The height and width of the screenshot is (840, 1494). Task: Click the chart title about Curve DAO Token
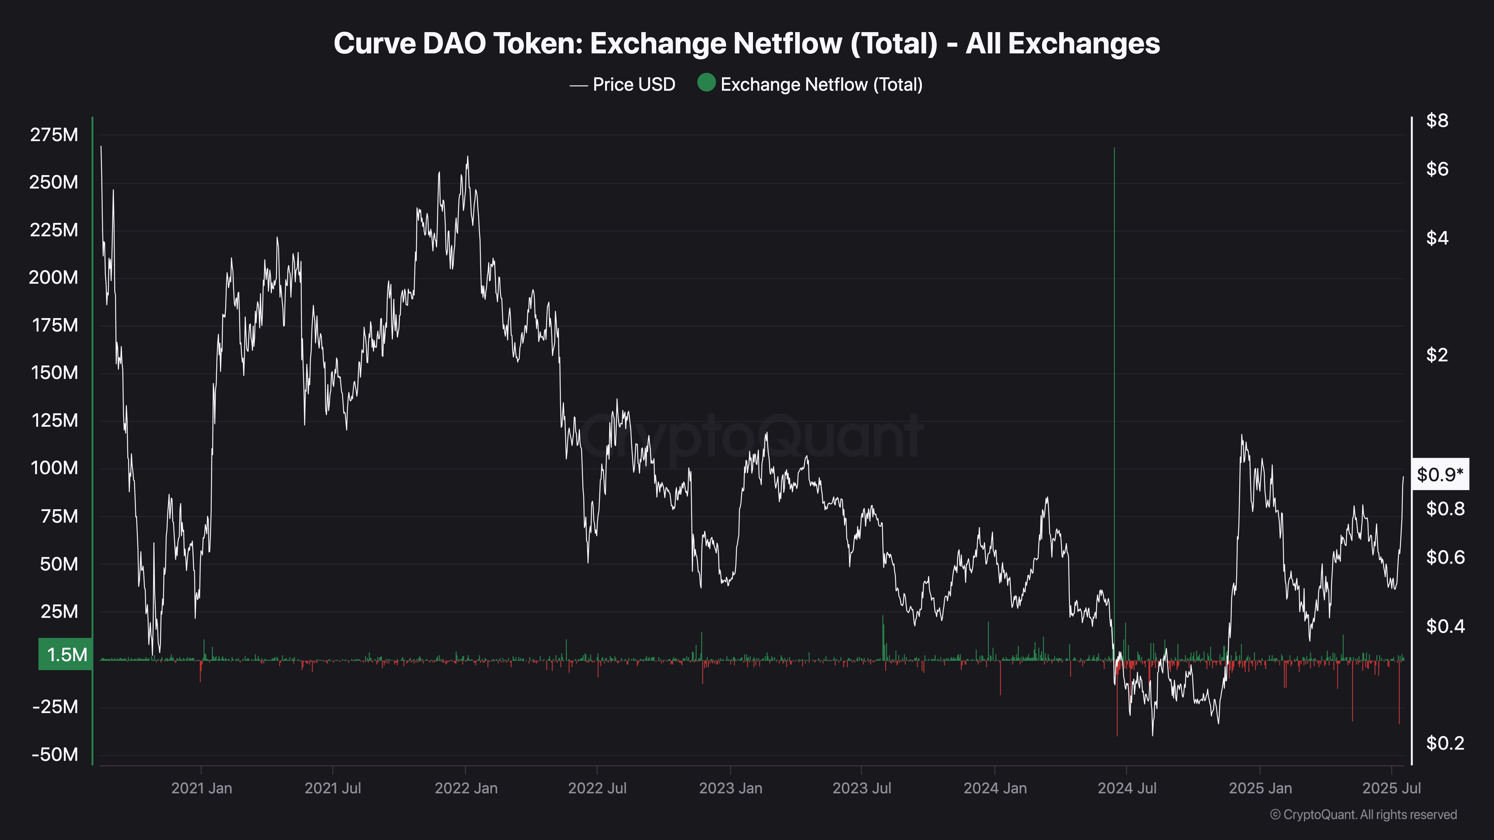pos(746,43)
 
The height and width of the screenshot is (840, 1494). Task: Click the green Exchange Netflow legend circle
pos(706,83)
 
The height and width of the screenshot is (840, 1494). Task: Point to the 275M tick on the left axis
pos(54,135)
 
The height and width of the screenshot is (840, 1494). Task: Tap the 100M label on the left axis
pos(54,468)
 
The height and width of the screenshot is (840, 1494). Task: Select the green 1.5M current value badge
pos(65,654)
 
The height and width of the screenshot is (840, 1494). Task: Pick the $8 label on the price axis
pos(1437,121)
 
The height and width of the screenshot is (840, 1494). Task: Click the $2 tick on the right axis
pos(1437,355)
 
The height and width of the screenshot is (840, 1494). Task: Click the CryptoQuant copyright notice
pos(1363,815)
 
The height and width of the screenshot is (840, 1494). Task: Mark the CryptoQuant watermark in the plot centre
pos(751,436)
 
